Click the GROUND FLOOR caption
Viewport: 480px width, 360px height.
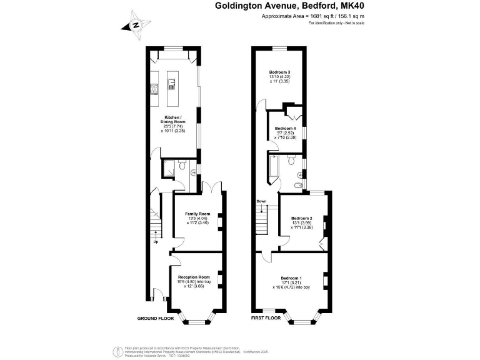click(x=156, y=318)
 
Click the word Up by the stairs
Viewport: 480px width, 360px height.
click(x=155, y=242)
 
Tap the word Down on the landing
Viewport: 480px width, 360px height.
click(x=261, y=201)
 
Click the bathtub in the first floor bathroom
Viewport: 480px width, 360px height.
click(x=276, y=167)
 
